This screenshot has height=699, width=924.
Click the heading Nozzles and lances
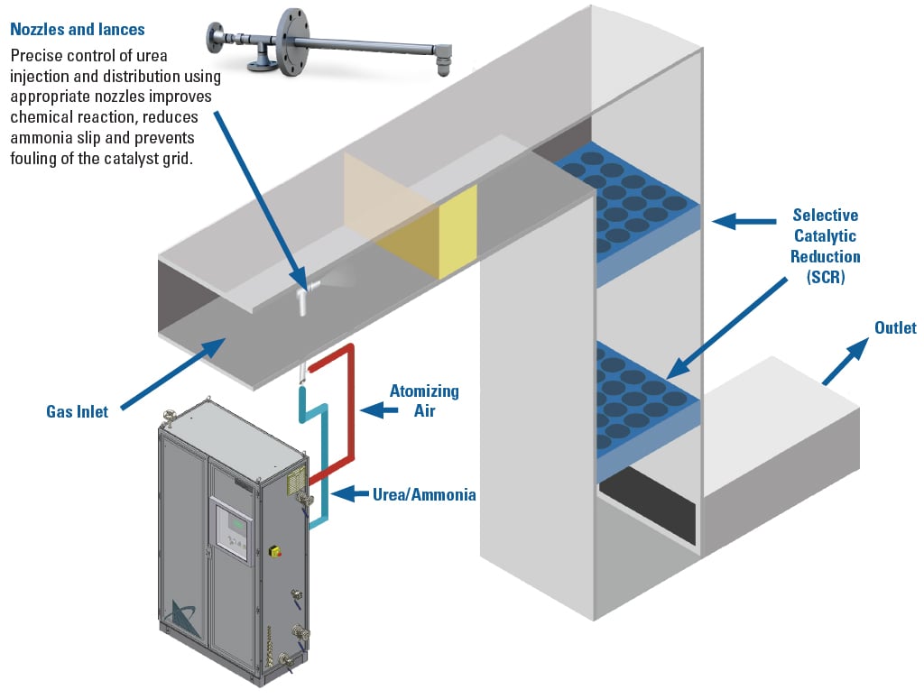[x=77, y=30]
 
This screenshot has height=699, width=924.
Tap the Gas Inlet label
[x=77, y=411]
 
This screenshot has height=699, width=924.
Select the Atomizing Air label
[x=424, y=400]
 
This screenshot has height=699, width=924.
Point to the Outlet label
[x=895, y=327]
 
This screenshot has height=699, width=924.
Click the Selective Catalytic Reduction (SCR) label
[x=825, y=246]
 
